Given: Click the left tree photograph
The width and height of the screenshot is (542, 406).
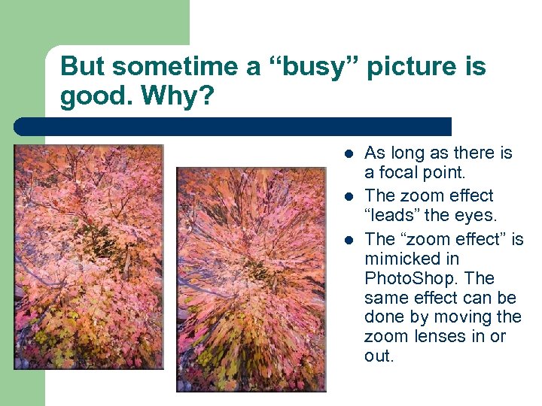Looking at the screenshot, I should pos(88,256).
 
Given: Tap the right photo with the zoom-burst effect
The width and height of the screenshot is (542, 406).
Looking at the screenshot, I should pos(251,279).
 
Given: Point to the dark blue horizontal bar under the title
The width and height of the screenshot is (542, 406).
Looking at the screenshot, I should pos(233,126).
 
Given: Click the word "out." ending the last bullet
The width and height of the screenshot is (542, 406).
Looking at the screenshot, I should pos(379,356).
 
